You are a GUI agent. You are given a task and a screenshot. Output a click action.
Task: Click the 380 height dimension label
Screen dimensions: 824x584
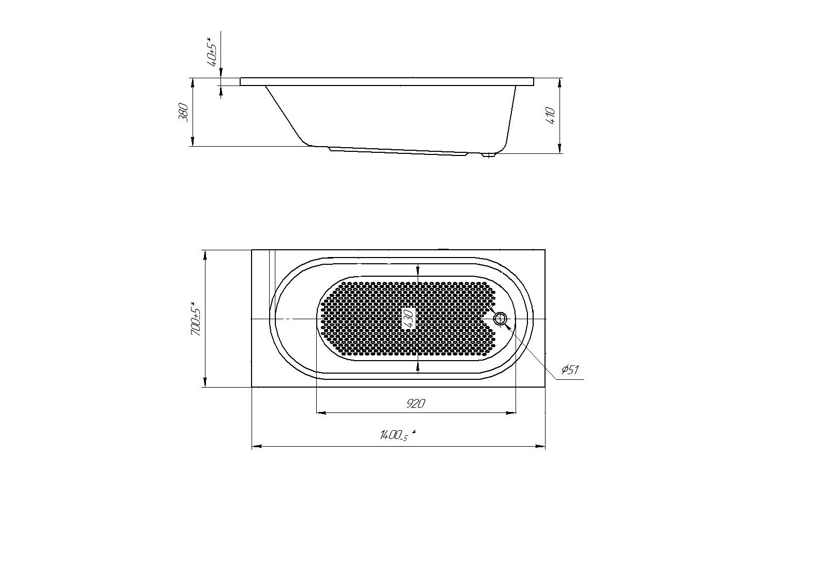tap(183, 112)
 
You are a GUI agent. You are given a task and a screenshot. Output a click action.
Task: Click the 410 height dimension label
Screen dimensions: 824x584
tap(551, 115)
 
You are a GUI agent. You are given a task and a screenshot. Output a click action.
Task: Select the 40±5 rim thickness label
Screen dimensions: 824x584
tap(213, 51)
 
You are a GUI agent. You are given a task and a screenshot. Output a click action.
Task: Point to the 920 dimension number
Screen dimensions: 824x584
tap(416, 404)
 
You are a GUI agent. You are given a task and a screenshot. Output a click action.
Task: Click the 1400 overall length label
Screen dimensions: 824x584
tap(398, 435)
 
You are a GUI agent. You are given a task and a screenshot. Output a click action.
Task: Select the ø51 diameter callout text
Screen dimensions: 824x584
tap(570, 369)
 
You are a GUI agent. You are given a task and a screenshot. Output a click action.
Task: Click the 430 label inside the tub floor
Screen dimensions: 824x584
tap(409, 319)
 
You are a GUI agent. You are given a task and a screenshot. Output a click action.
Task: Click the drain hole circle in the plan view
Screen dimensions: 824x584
tap(501, 319)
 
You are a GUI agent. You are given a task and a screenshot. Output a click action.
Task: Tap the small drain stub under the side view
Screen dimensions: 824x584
tap(489, 155)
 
